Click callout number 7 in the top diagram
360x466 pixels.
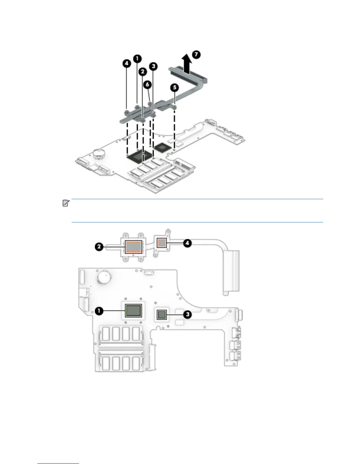(x=196, y=54)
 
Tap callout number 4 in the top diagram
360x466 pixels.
(x=126, y=63)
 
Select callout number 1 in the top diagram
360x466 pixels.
(x=137, y=58)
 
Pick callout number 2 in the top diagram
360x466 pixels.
(x=143, y=71)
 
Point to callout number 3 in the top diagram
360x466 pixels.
(x=153, y=66)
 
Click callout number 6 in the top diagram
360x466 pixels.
(x=148, y=84)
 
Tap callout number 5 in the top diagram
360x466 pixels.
(x=175, y=87)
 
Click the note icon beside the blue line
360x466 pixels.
(x=66, y=203)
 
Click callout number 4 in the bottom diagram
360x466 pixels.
(x=187, y=243)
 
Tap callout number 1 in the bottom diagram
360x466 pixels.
(x=99, y=311)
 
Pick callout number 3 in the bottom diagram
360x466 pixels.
(x=187, y=314)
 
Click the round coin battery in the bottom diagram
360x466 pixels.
(x=104, y=277)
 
